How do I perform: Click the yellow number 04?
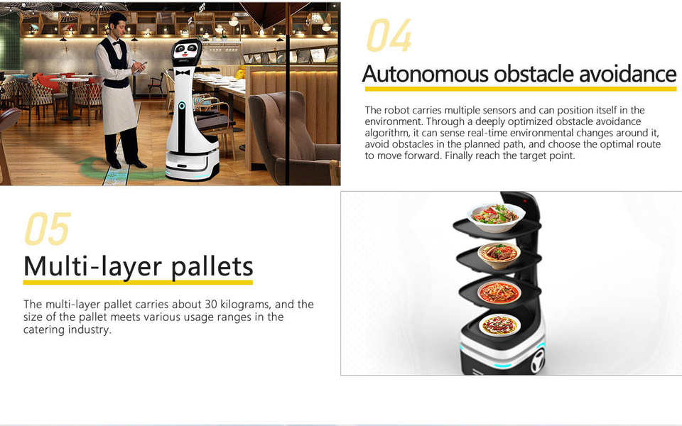tap(389, 35)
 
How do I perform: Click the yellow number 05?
tap(48, 228)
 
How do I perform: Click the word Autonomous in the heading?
tap(425, 74)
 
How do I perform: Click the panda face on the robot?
tap(186, 50)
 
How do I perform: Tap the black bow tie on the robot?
tap(183, 72)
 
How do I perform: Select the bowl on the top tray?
tap(496, 217)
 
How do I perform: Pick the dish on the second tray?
tap(499, 254)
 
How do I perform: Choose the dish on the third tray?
tap(499, 293)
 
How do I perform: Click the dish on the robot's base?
tap(499, 324)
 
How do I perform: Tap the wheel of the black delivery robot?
tap(538, 361)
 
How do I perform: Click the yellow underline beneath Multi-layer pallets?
tap(138, 283)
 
